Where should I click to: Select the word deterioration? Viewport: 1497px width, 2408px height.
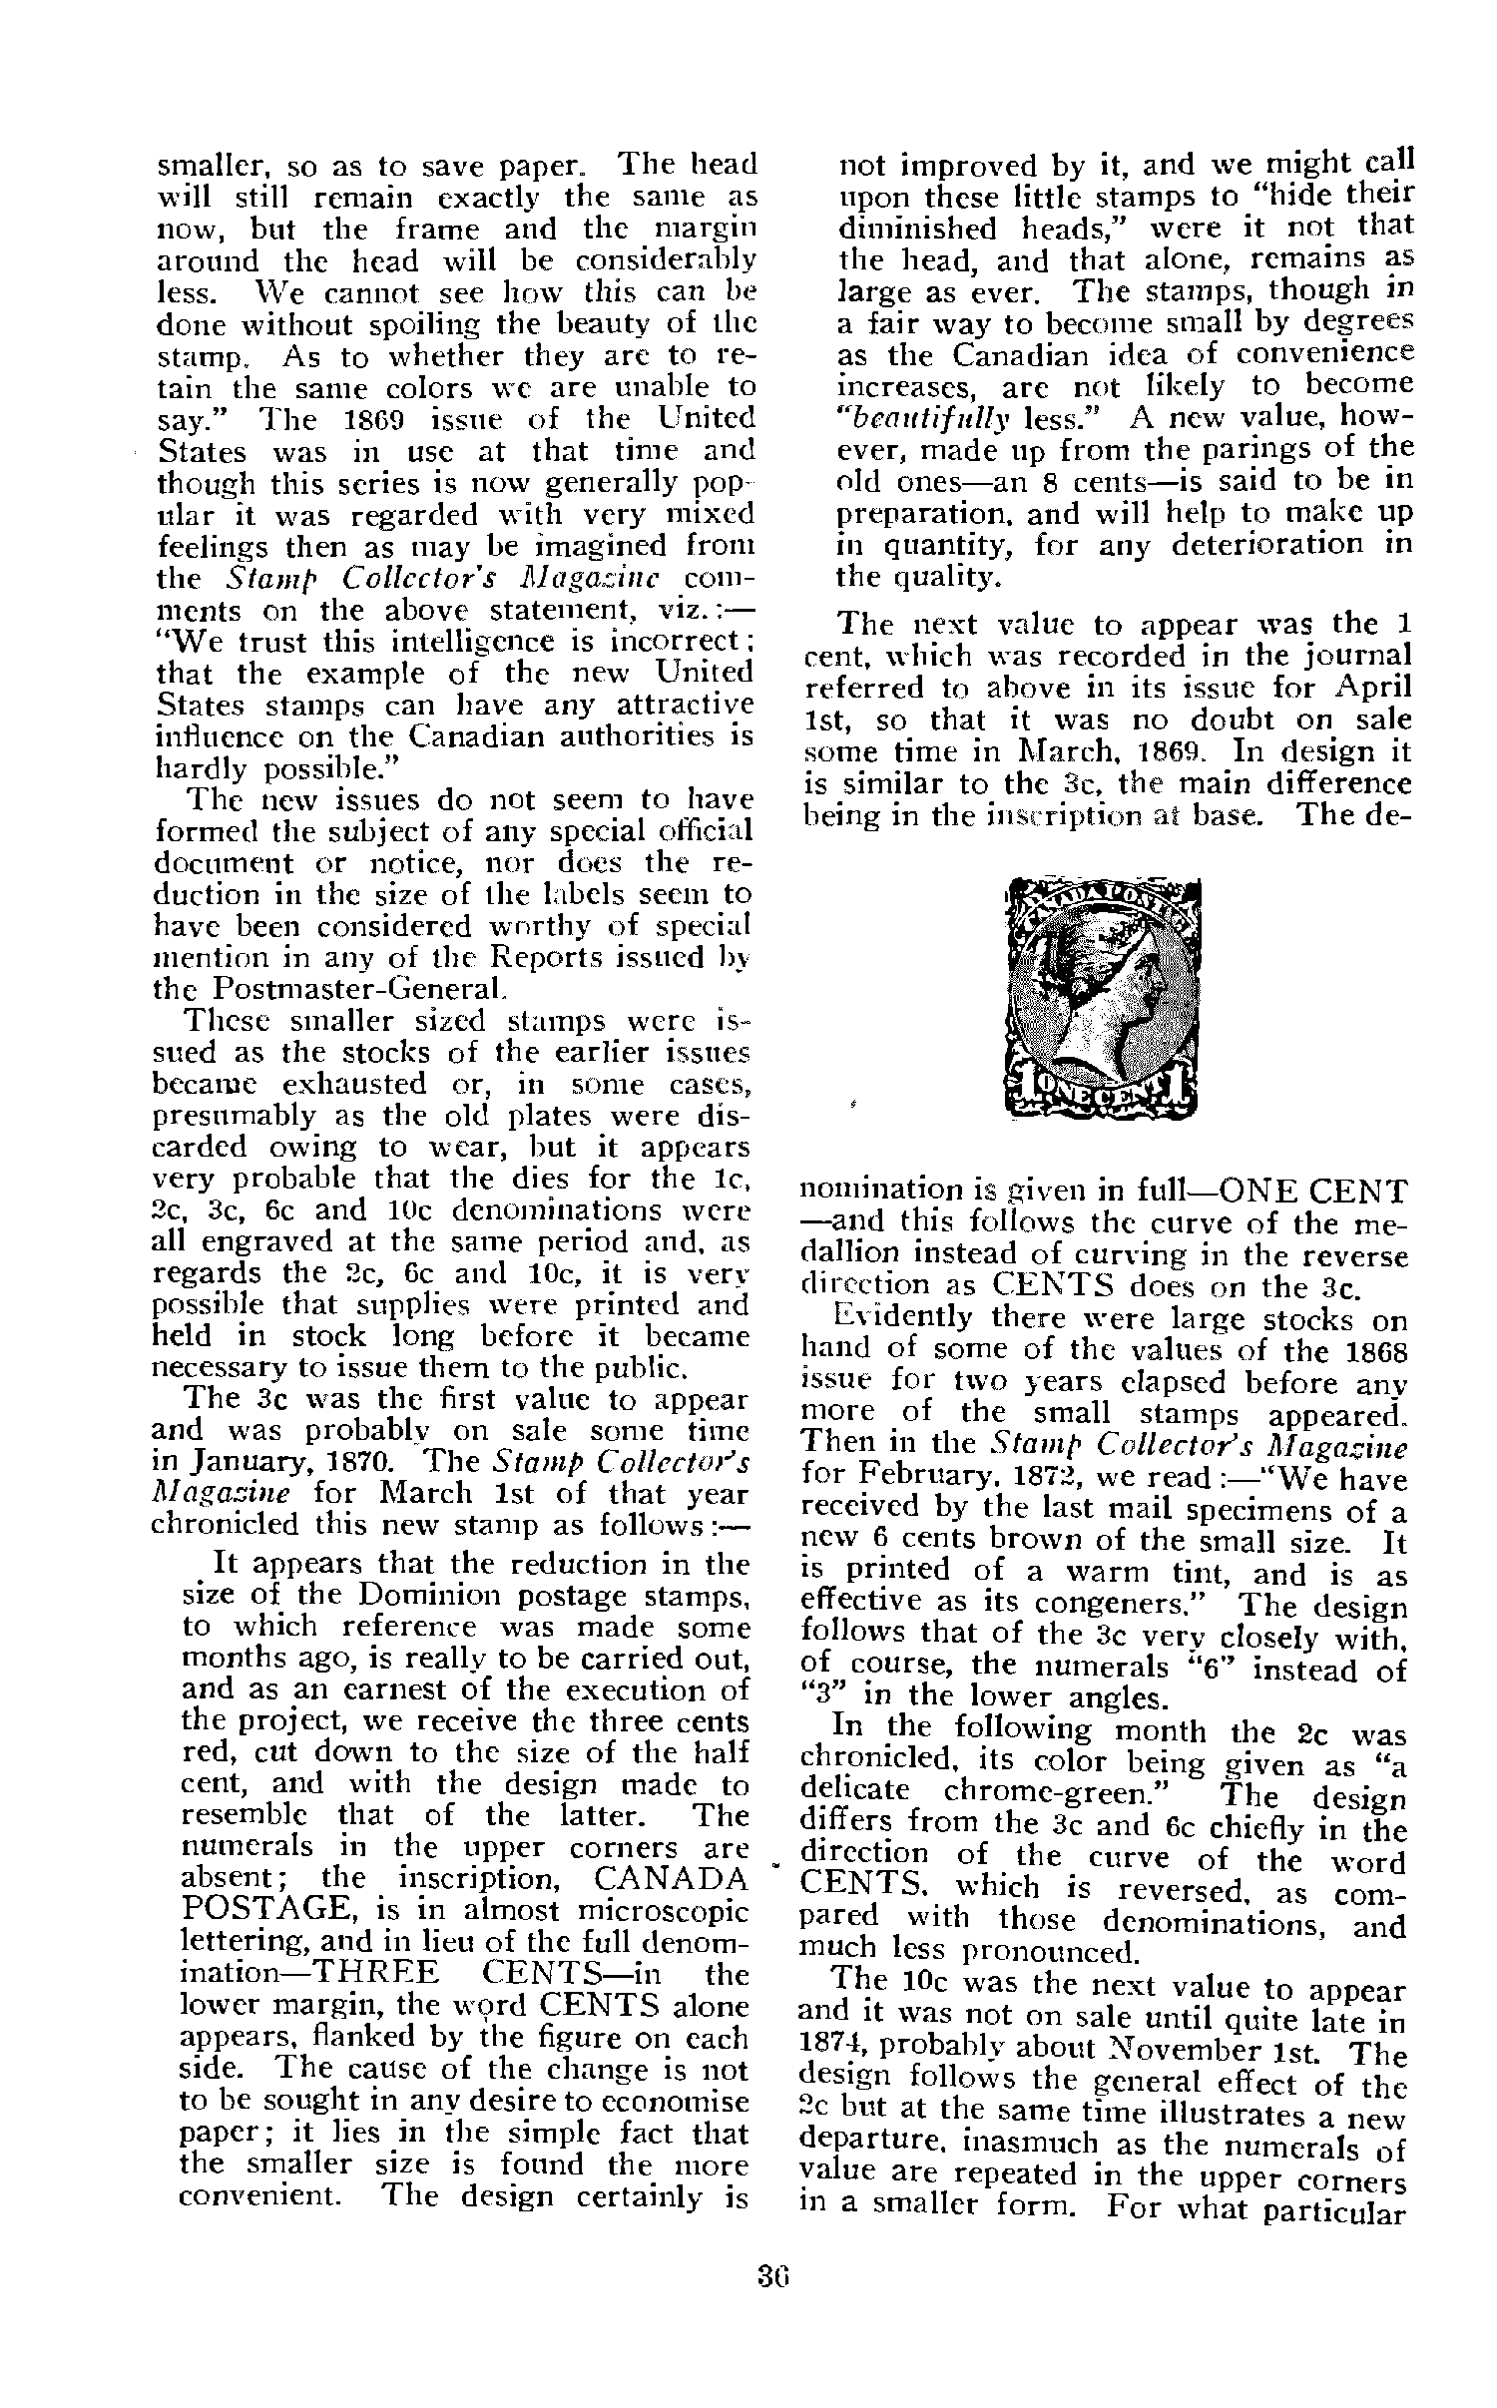click(x=1251, y=545)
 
